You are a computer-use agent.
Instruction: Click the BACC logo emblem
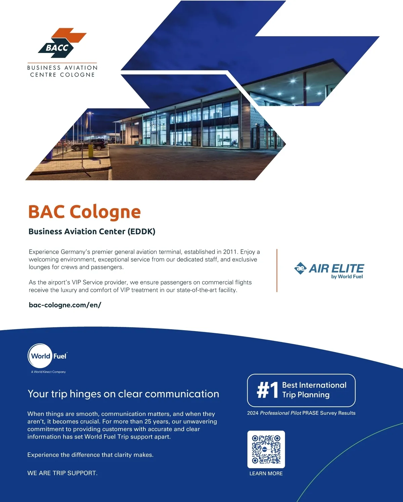pyautogui.click(x=62, y=43)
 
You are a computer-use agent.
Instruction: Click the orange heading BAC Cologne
pyautogui.click(x=84, y=212)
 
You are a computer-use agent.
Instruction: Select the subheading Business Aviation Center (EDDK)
pyautogui.click(x=92, y=232)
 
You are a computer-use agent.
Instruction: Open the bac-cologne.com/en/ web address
pyautogui.click(x=65, y=305)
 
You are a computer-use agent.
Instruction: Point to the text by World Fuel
pyautogui.click(x=347, y=277)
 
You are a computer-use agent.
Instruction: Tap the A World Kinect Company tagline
pyautogui.click(x=48, y=372)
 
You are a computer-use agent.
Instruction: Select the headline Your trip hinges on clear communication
pyautogui.click(x=123, y=394)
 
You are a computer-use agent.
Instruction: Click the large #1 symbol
pyautogui.click(x=268, y=390)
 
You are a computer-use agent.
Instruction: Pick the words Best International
pyautogui.click(x=314, y=385)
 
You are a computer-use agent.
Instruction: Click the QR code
pyautogui.click(x=266, y=449)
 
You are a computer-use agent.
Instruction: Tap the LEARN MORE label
pyautogui.click(x=266, y=473)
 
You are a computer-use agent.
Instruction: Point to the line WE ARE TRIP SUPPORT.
pyautogui.click(x=62, y=473)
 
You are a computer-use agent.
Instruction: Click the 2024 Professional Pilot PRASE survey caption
pyautogui.click(x=301, y=413)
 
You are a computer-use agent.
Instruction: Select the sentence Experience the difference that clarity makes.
pyautogui.click(x=90, y=455)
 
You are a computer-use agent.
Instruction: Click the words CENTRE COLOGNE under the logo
pyautogui.click(x=62, y=75)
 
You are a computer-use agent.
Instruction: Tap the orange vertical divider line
pyautogui.click(x=277, y=270)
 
